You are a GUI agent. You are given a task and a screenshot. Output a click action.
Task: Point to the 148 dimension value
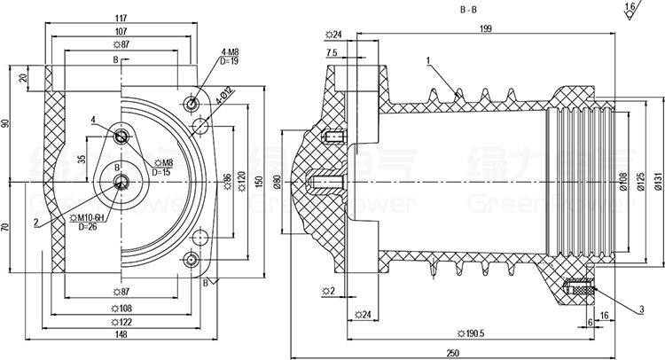[121, 334]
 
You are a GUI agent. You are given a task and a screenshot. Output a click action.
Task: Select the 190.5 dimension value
[469, 333]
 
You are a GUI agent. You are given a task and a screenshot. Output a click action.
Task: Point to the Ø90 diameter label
[276, 183]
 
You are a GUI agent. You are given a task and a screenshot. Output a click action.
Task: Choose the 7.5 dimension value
[331, 54]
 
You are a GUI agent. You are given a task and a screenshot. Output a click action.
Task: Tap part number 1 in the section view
[427, 60]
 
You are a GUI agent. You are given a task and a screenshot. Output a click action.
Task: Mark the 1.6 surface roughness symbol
[630, 9]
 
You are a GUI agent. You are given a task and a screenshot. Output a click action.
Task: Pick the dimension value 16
[604, 315]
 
